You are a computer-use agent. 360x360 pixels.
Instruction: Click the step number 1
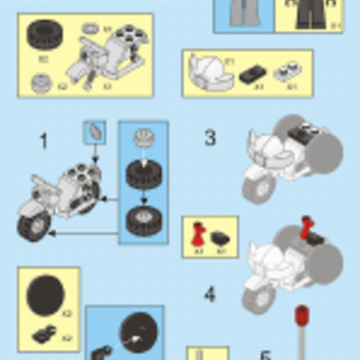click(x=44, y=142)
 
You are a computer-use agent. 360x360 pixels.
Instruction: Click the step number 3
click(x=210, y=137)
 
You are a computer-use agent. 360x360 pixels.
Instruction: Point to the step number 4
click(x=209, y=294)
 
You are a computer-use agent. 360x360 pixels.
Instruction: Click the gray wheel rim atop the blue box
click(x=144, y=138)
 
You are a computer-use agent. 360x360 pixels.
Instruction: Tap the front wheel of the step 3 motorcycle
click(x=257, y=187)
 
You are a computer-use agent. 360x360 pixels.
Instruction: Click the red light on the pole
click(x=302, y=313)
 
